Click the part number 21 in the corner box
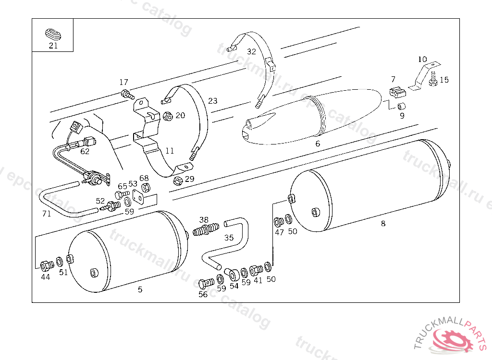(x=53, y=46)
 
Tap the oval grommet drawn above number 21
(x=53, y=34)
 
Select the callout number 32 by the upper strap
(x=251, y=52)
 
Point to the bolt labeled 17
(x=127, y=94)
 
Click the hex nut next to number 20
(x=168, y=116)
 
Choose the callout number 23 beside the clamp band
(x=213, y=101)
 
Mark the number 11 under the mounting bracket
(x=170, y=151)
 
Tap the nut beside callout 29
(x=178, y=180)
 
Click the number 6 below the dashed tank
(x=318, y=144)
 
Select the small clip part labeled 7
(x=397, y=92)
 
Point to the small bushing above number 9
(x=401, y=106)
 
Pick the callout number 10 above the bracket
(x=422, y=59)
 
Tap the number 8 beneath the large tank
(x=383, y=224)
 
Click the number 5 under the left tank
(x=140, y=289)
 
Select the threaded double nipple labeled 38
(x=206, y=229)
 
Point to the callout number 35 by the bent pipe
(x=229, y=238)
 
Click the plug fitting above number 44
(x=47, y=265)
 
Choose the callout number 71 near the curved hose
(x=47, y=214)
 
